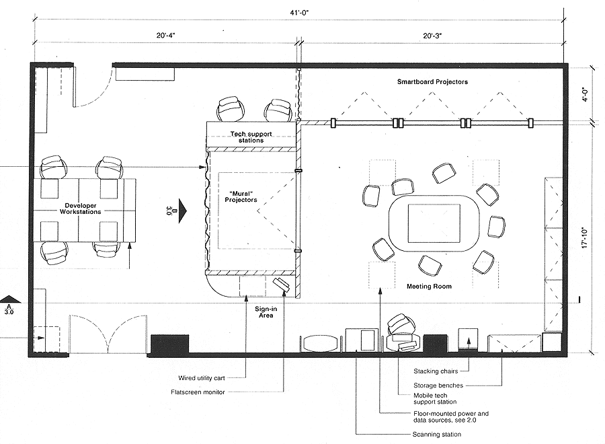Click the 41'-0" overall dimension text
point(299,13)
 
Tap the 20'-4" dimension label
point(166,35)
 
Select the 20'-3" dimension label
point(432,36)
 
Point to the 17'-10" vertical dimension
point(586,237)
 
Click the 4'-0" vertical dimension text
point(586,94)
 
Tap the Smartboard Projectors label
point(432,82)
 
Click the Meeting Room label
point(429,287)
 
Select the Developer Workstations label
point(80,209)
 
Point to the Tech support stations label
point(251,137)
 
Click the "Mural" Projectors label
point(241,196)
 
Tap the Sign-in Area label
point(266,312)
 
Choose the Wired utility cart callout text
point(202,378)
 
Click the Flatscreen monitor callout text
point(198,392)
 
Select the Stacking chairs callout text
point(436,371)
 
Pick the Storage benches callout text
point(438,385)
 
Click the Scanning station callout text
point(437,435)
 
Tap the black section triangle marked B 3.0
point(182,211)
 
